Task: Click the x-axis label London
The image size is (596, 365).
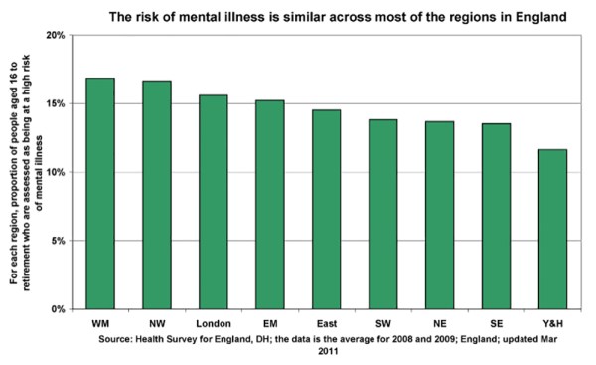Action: pos(213,324)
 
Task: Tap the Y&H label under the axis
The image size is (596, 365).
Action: pos(552,324)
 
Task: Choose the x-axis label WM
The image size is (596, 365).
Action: pos(99,324)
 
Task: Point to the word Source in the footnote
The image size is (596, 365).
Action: pos(120,338)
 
